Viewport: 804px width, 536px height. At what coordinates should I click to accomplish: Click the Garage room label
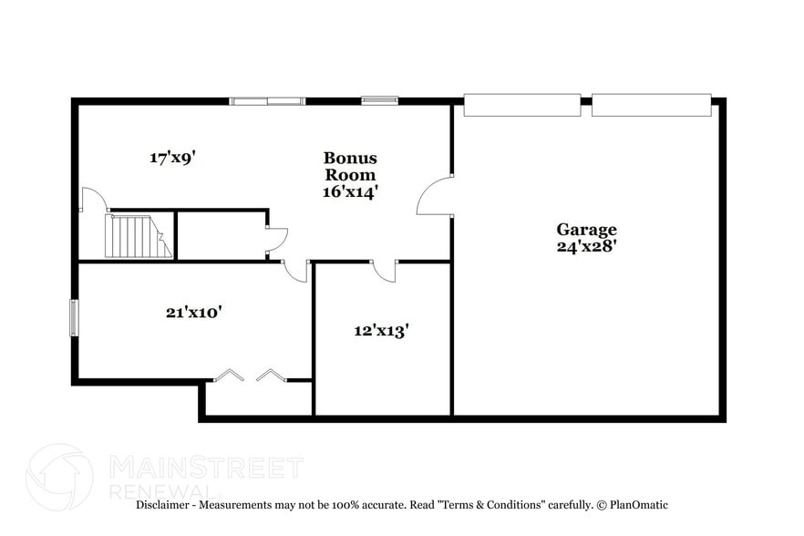587,230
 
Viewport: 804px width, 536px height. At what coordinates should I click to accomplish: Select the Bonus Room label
350,167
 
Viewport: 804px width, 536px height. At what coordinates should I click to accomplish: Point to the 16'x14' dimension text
350,191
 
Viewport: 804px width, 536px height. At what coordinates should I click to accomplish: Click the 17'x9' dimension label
173,158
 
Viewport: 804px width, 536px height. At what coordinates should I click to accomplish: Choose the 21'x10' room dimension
194,312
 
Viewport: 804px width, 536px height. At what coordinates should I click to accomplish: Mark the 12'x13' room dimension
381,330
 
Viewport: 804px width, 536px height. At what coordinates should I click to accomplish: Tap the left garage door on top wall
521,105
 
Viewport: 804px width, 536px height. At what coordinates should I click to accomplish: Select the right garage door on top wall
651,105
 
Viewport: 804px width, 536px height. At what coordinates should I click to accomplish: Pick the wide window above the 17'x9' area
266,101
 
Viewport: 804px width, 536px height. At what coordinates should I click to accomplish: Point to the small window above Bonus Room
379,100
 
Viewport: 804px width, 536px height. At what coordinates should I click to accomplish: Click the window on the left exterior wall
75,319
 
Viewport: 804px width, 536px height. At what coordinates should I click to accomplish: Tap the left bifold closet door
229,375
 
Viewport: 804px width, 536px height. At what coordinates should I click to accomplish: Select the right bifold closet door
272,375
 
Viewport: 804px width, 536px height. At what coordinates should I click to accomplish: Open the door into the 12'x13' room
385,270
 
